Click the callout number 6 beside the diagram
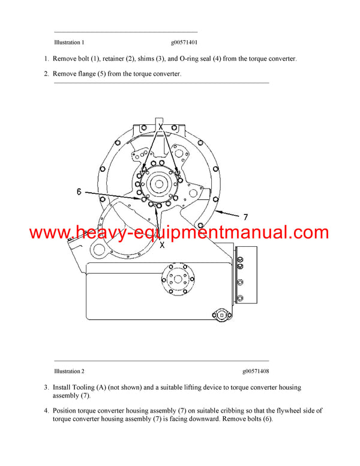(x=79, y=192)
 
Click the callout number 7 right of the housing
(x=245, y=217)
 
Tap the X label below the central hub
(x=161, y=245)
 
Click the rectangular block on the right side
(x=247, y=273)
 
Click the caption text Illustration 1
(x=69, y=43)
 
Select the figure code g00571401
(x=184, y=43)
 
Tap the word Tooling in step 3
(x=86, y=388)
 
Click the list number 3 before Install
(x=46, y=388)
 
